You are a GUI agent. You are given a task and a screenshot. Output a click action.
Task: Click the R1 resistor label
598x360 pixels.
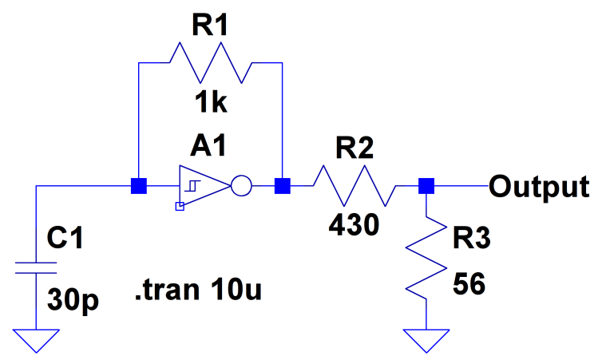209,26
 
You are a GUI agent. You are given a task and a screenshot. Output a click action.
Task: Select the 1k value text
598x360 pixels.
209,104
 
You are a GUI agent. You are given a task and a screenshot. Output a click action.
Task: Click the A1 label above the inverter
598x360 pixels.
209,146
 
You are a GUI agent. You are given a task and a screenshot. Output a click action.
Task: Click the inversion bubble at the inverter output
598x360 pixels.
240,188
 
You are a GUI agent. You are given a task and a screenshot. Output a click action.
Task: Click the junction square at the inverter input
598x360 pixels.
139,187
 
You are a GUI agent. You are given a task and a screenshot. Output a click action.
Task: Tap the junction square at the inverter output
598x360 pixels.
282,187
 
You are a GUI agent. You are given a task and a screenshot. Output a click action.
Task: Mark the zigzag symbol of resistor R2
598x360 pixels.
354,187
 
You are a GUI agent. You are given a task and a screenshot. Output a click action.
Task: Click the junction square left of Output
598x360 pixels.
426,187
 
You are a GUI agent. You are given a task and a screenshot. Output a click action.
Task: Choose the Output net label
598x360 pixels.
540,187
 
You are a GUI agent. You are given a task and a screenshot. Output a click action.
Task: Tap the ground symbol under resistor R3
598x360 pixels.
426,339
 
